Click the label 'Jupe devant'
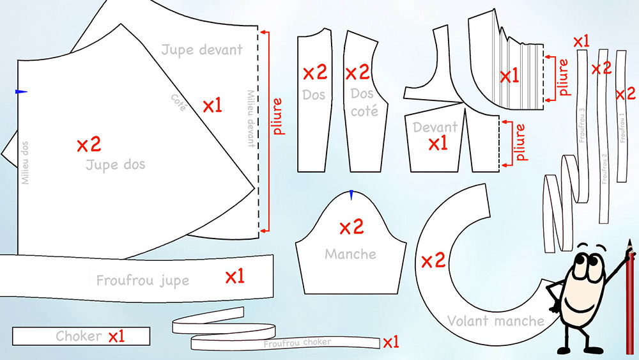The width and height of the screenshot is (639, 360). click(202, 50)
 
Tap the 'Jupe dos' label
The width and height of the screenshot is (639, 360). click(116, 165)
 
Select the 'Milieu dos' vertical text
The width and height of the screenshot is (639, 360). click(26, 162)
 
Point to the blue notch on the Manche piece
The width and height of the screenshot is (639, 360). click(351, 195)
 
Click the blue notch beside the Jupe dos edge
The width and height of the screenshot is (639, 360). click(21, 91)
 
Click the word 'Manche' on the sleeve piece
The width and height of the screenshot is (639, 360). click(350, 254)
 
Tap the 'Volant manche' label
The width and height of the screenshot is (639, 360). click(496, 321)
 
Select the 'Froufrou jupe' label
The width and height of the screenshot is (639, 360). click(142, 281)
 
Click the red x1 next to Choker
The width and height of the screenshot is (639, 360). click(116, 336)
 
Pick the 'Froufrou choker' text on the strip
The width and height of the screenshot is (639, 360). click(297, 343)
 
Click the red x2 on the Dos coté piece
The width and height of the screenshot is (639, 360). click(357, 72)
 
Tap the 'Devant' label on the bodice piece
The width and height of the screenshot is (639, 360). click(435, 127)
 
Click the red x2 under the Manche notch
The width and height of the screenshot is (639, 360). click(351, 227)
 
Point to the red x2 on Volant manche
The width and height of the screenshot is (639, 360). click(433, 260)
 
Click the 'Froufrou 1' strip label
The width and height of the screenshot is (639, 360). click(622, 127)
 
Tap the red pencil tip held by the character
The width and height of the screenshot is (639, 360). click(630, 242)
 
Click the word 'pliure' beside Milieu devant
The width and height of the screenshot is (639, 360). click(277, 116)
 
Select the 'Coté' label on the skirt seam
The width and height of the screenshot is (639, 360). click(178, 102)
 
